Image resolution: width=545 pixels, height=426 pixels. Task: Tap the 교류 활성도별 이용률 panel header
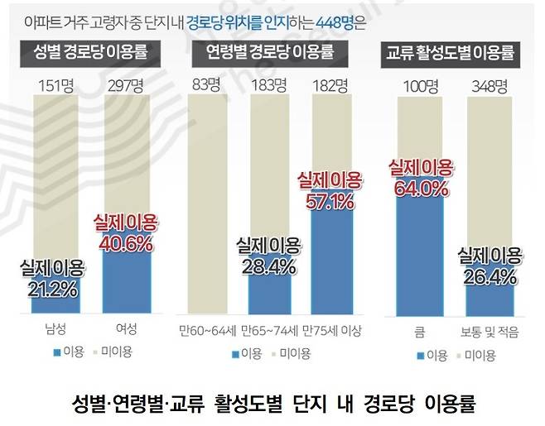pyautogui.click(x=451, y=55)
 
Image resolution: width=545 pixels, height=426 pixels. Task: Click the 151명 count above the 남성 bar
pyautogui.click(x=54, y=85)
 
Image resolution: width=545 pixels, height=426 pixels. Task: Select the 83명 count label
pyautogui.click(x=205, y=85)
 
